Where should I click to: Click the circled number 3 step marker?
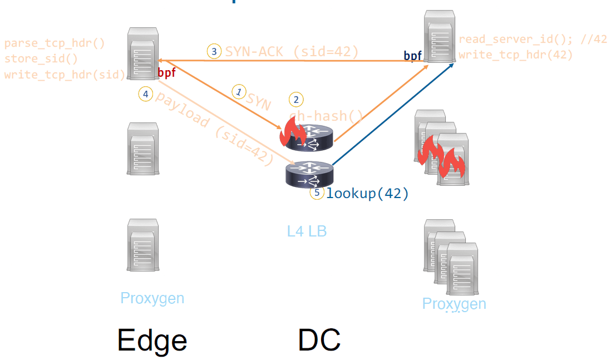pos(214,51)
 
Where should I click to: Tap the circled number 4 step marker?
pos(145,94)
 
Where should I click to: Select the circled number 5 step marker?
pos(317,193)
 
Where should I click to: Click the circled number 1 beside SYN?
pos(239,92)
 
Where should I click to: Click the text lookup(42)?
pos(367,194)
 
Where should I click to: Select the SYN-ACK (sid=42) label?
pos(292,52)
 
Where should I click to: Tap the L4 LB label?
pos(307,231)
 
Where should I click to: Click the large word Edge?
pos(152,340)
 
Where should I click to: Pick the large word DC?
pos(319,340)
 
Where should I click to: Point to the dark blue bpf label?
pos(412,56)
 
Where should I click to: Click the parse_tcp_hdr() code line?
pos(55,43)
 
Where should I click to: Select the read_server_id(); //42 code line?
pos(533,40)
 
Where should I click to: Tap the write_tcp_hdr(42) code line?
pos(515,55)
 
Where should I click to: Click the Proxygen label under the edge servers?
pos(152,298)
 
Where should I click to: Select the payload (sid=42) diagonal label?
pos(214,128)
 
